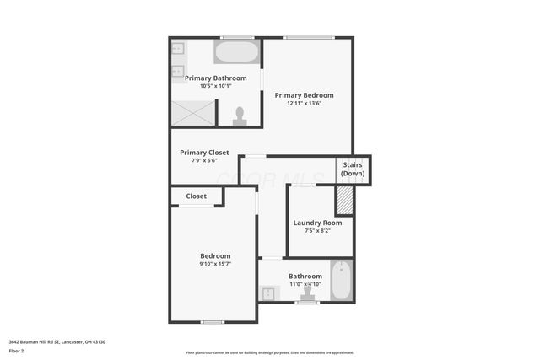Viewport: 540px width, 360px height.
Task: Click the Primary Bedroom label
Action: (304, 95)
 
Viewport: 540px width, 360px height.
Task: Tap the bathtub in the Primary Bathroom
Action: (236, 52)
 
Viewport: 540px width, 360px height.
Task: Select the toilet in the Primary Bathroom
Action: (240, 116)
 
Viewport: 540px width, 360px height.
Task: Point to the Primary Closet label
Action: (204, 153)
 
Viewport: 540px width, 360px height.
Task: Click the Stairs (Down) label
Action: (353, 169)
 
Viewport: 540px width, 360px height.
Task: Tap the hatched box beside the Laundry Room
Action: (344, 201)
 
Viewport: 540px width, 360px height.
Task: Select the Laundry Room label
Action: (317, 223)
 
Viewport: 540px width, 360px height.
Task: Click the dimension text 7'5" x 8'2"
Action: (317, 231)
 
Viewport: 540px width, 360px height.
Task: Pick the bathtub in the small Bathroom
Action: (341, 281)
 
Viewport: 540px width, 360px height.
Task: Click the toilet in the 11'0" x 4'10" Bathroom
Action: (307, 293)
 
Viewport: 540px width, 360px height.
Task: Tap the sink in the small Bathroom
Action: (270, 293)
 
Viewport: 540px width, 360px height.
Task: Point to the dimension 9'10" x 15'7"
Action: (215, 264)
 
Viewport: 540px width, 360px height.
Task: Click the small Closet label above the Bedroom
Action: (196, 196)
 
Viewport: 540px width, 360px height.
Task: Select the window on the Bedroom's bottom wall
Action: (213, 321)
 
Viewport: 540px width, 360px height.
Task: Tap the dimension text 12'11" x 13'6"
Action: (304, 104)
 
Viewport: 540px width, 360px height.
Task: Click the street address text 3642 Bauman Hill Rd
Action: (57, 341)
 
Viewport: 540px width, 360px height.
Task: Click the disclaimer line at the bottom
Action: (269, 352)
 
